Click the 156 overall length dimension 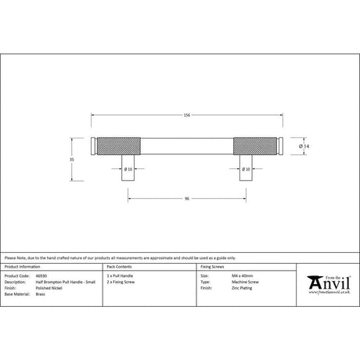click(186, 116)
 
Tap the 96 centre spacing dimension click(187, 198)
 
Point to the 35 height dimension click(72, 159)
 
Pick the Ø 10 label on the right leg click(246, 169)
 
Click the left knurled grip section click(117, 146)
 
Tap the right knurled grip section click(257, 146)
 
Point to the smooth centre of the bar click(187, 146)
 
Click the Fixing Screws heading click(213, 267)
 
